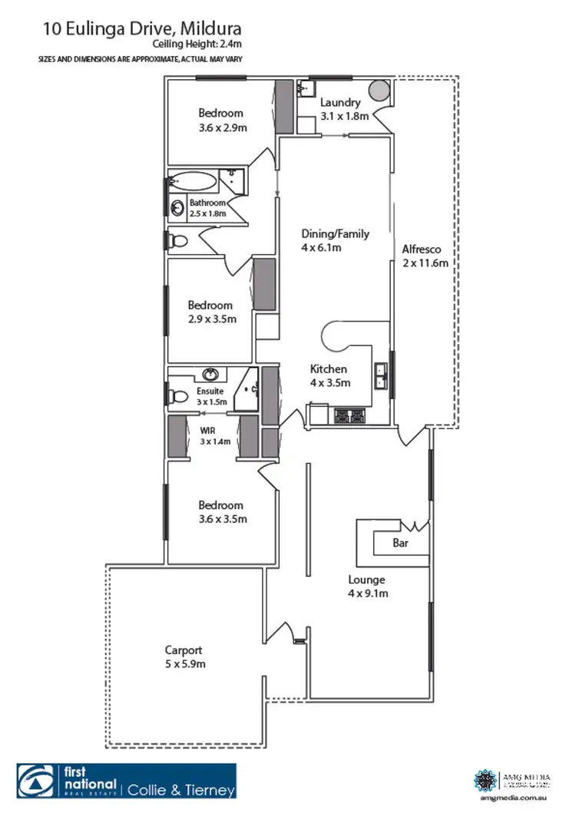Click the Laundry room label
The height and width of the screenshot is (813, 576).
tap(339, 102)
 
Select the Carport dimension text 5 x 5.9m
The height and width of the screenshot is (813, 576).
tap(183, 663)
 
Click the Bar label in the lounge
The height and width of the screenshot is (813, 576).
tap(400, 543)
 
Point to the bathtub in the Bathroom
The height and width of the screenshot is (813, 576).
tap(194, 182)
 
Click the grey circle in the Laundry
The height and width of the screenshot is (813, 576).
tap(379, 91)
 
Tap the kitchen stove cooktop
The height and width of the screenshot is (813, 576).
tap(351, 417)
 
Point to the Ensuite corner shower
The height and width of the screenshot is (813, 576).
tap(247, 387)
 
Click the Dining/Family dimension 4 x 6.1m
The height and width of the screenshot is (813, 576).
tap(321, 247)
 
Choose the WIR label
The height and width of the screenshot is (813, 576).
tap(206, 431)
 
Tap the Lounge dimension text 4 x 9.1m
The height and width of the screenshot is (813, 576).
tap(366, 593)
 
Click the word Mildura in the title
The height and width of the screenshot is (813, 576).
tap(210, 29)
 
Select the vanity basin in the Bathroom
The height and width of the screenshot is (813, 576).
tap(178, 207)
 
